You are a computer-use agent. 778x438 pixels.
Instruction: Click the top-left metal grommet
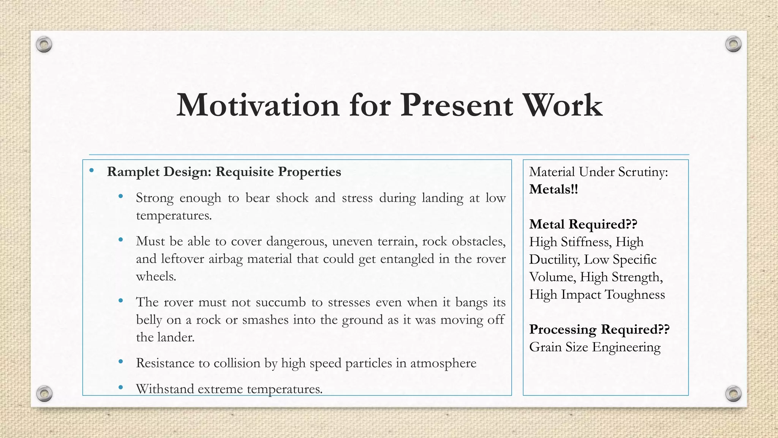point(44,45)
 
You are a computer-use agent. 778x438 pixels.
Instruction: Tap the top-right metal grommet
point(733,44)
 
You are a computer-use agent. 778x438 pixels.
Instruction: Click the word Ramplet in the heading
point(133,172)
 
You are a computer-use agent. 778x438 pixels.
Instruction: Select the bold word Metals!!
point(553,189)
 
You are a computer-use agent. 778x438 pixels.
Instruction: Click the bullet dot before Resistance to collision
point(121,362)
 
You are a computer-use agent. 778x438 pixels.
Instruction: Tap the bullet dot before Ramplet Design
point(92,170)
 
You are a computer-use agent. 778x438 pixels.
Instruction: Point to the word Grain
point(545,347)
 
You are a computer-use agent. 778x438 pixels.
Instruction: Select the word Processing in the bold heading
point(563,329)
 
